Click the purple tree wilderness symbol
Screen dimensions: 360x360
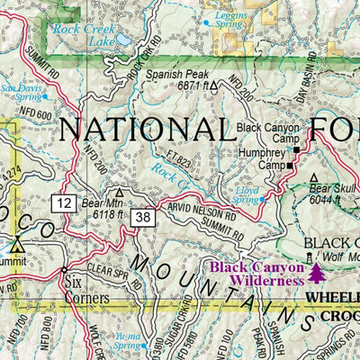(x=316, y=271)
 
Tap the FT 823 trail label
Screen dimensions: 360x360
(x=178, y=152)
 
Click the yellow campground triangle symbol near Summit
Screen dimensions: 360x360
(x=18, y=243)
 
